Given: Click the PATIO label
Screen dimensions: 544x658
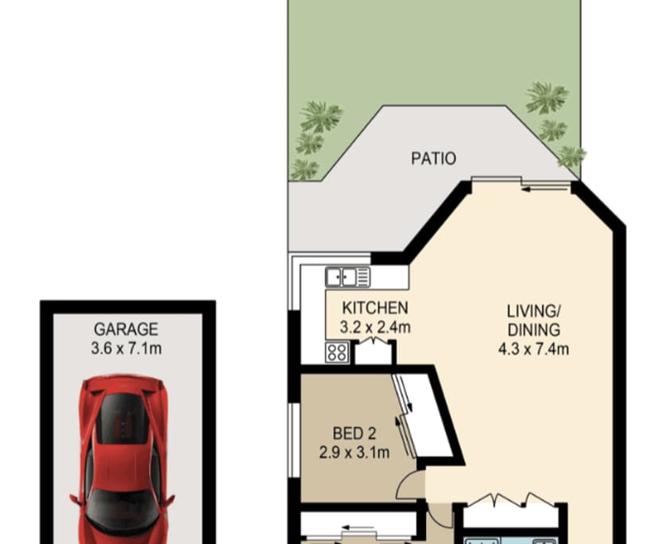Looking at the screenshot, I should coord(433,158).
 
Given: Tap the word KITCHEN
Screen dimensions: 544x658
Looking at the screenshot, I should coord(375,308).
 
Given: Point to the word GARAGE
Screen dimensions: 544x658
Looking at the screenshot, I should coord(126,328).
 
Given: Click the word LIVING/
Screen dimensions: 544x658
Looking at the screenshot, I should coord(533,311).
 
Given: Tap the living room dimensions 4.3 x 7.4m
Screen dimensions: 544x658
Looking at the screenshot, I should coord(533,348).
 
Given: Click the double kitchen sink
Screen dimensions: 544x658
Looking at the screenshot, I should coord(347,278).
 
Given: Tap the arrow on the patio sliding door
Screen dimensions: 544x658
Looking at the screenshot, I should coord(528,188).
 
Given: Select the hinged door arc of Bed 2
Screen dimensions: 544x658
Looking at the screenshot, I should coord(411,483).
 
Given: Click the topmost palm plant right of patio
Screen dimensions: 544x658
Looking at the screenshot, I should coord(547,97).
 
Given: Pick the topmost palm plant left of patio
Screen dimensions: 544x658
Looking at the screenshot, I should coord(321,116).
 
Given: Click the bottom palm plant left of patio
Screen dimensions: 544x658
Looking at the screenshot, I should coord(304,169).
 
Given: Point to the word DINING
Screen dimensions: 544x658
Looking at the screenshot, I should coord(533,329).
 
